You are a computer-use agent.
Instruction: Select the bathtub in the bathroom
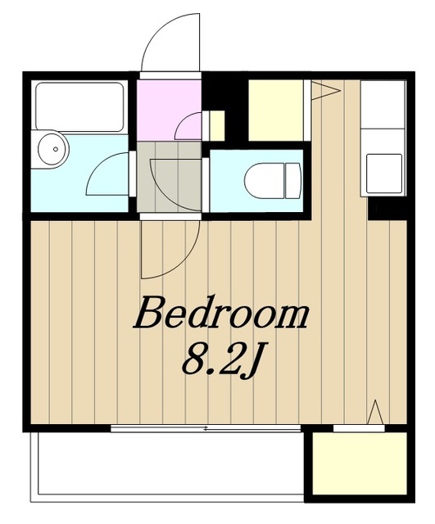point(79,106)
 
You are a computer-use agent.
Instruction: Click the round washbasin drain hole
point(56,149)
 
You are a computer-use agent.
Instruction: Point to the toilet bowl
point(264,180)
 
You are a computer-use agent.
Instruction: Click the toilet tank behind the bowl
point(293,180)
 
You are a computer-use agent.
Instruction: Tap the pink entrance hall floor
point(169,110)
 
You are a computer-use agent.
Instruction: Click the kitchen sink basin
point(384,174)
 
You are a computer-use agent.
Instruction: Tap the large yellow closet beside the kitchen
point(276,110)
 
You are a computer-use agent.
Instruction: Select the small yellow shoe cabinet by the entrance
point(216,125)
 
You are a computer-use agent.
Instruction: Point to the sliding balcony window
point(206,428)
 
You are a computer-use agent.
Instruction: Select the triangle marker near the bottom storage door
point(376,412)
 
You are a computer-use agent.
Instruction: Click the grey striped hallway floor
point(170,177)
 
